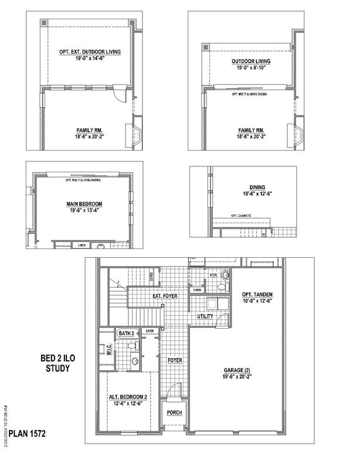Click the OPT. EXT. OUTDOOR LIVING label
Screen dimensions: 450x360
click(x=90, y=52)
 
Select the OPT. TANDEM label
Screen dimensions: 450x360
click(x=257, y=294)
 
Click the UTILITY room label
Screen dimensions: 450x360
click(x=205, y=316)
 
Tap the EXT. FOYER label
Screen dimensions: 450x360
click(x=165, y=296)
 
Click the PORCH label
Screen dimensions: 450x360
click(x=174, y=412)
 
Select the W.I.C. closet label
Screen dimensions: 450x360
click(x=109, y=350)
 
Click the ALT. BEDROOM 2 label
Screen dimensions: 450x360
click(x=128, y=397)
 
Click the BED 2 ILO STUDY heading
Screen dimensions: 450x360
click(x=55, y=363)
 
